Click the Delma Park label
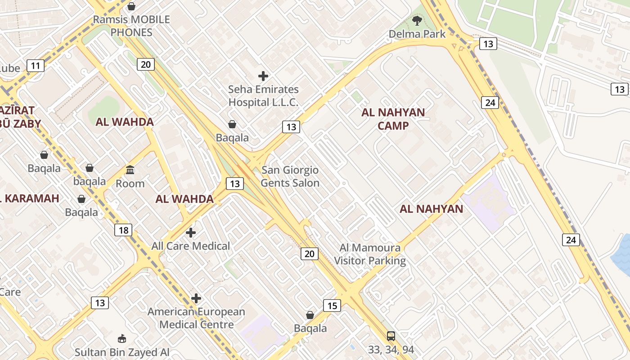[x=417, y=34]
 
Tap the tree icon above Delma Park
[x=417, y=20]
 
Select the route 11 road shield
[x=36, y=66]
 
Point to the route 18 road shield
[x=123, y=230]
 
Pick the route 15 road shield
[x=332, y=306]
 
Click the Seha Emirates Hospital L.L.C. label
[x=263, y=96]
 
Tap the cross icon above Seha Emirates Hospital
[x=263, y=76]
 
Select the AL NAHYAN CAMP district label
[x=393, y=119]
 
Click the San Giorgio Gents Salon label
[x=290, y=176]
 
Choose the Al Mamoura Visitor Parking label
[x=370, y=254]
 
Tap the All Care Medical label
[x=190, y=246]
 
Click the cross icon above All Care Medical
[x=191, y=233]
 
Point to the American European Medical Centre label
[x=196, y=318]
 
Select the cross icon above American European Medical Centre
[x=196, y=298]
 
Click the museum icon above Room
[x=130, y=170]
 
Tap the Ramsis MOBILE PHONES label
[x=131, y=26]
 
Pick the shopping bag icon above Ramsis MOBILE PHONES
[x=131, y=6]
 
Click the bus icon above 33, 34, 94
[x=391, y=336]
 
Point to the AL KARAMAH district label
[x=30, y=198]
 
